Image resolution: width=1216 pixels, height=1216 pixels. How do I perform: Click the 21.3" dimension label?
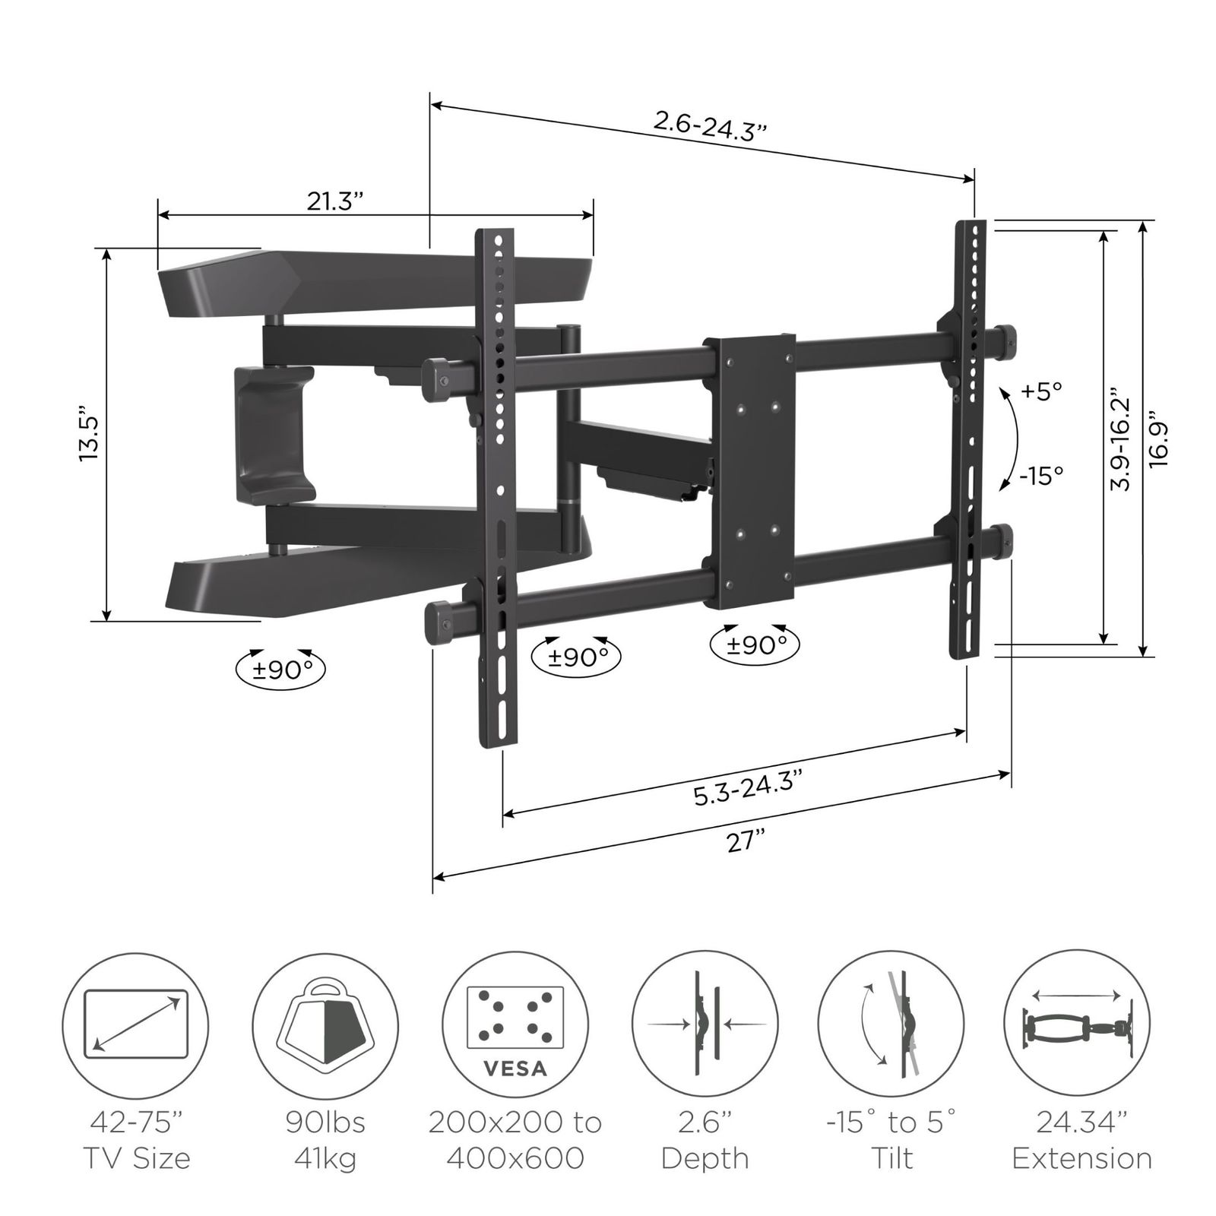tap(335, 201)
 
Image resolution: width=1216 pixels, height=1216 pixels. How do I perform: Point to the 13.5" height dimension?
tap(90, 437)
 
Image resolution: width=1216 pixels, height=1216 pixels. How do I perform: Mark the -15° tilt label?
tap(1041, 476)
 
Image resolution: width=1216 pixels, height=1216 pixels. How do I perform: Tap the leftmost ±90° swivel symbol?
tap(280, 669)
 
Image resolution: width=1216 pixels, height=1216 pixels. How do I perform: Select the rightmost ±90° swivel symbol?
tap(755, 645)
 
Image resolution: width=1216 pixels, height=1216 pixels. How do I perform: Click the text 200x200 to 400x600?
tap(515, 1139)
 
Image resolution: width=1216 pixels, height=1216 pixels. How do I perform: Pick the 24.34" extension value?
tap(1082, 1122)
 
